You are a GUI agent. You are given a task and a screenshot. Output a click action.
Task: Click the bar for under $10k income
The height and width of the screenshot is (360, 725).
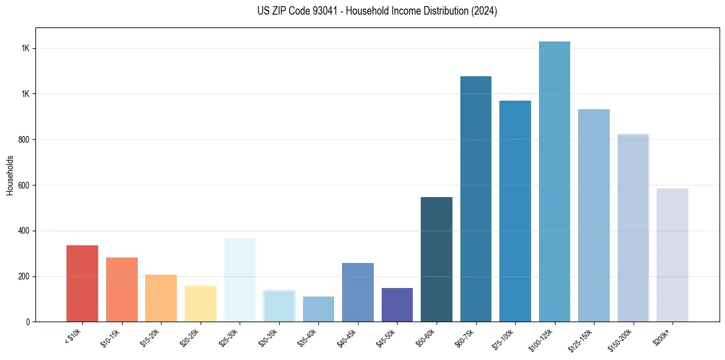(82, 284)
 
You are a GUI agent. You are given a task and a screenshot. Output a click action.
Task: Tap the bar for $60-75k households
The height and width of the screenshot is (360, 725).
(476, 199)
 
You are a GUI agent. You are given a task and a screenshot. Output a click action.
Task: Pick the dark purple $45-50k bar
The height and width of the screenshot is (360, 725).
(397, 305)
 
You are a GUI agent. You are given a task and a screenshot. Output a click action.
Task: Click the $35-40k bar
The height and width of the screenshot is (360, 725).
(318, 309)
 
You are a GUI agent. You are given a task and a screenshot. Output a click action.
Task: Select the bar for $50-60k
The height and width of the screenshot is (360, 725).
(437, 259)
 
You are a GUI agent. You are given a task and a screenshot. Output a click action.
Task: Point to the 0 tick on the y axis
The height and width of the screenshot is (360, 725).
(27, 322)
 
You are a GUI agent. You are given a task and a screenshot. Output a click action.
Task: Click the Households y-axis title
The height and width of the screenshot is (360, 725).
(10, 175)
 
